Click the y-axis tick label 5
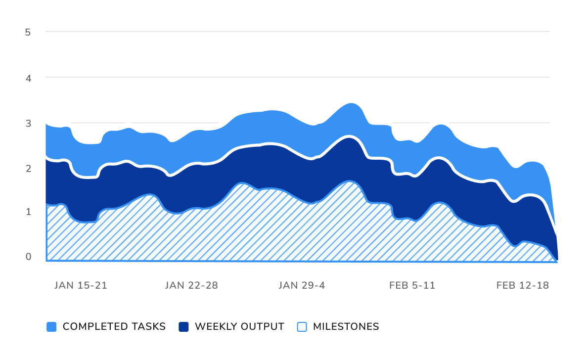pos(28,32)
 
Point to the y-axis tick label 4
pos(28,78)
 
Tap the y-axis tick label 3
pos(28,123)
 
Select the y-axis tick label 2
pos(28,168)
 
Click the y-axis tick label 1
pos(28,212)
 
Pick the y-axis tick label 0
pos(28,256)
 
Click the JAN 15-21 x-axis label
pos(81,285)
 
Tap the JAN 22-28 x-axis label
pos(191,285)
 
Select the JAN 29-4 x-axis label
pos(302,285)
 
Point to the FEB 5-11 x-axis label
pos(412,285)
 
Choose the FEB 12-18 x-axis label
pos(523,285)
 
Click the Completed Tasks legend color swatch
pos(51,327)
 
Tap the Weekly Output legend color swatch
pos(183,327)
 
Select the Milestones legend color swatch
pos(302,327)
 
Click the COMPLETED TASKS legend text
pos(114,327)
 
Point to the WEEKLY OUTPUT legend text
pos(239,327)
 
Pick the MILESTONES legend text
pos(346,327)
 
